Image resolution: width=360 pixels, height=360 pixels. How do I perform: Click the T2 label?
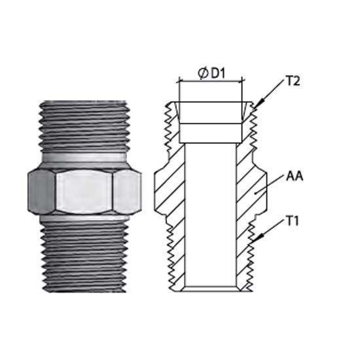pyautogui.click(x=293, y=81)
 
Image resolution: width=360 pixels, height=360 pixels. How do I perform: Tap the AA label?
pyautogui.click(x=295, y=177)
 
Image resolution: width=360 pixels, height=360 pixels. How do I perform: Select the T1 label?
pyautogui.click(x=293, y=221)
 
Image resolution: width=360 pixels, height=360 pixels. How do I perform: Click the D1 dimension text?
pyautogui.click(x=219, y=73)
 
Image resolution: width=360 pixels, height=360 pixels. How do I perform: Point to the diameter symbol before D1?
pyautogui.click(x=203, y=73)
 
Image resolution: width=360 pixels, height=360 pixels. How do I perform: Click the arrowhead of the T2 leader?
pyautogui.click(x=259, y=104)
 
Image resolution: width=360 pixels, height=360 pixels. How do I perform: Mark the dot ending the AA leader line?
pyautogui.click(x=255, y=193)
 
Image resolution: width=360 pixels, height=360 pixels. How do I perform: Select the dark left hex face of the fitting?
pyautogui.click(x=41, y=192)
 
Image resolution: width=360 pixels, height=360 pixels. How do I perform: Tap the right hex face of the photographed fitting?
pyautogui.click(x=127, y=192)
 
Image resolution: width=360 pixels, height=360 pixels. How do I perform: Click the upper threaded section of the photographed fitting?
pyautogui.click(x=84, y=126)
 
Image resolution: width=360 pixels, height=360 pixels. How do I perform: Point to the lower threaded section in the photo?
pyautogui.click(x=84, y=257)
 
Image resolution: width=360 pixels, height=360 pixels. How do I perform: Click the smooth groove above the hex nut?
pyautogui.click(x=84, y=158)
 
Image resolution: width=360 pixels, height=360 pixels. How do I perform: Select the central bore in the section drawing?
pyautogui.click(x=210, y=215)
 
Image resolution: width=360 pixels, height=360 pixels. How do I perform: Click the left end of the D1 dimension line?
pyautogui.click(x=179, y=81)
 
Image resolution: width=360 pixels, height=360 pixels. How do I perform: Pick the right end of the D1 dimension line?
pyautogui.click(x=242, y=81)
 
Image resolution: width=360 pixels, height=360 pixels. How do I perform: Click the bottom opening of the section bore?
pyautogui.click(x=210, y=289)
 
